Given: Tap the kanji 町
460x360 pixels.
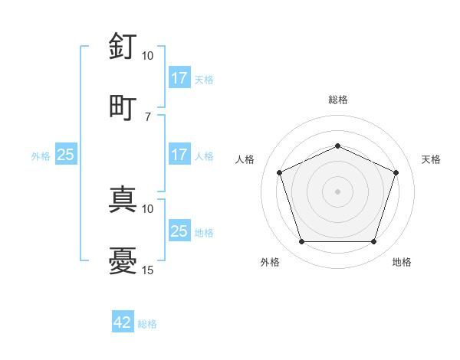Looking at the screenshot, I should point(123,106).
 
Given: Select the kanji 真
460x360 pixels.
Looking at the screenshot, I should point(123,198).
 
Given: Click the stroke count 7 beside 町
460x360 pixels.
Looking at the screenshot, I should point(148,116).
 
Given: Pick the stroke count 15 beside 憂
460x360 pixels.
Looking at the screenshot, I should point(148,270).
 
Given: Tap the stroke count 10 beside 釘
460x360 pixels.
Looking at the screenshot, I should point(148,56).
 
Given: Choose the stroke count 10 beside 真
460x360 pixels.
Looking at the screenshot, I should point(148,208).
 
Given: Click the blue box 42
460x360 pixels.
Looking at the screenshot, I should point(123,323).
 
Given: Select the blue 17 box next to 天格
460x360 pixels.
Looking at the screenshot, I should point(179,78).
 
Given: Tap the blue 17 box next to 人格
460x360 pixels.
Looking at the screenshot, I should point(179,155).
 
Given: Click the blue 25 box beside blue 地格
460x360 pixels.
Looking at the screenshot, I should point(179,231).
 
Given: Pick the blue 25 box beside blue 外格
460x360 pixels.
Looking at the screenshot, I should point(66,155).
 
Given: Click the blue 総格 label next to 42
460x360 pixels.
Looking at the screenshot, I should point(147,324).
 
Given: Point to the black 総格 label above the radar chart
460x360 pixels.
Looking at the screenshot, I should point(338,100).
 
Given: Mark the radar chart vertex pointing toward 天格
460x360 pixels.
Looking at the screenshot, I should point(396,172).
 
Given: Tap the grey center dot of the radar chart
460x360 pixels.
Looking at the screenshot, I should point(338,191).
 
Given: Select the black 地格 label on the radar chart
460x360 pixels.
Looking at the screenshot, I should point(402,263).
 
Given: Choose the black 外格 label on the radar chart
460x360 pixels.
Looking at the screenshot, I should point(270,263).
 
